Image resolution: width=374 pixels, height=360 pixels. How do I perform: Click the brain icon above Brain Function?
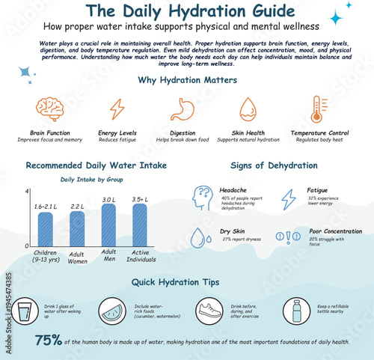pos(49,109)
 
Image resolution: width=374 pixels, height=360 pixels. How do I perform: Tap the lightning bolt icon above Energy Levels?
pos(117,109)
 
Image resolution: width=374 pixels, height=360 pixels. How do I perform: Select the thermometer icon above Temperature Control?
pos(319,109)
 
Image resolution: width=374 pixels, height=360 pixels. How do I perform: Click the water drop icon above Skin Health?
pos(248,109)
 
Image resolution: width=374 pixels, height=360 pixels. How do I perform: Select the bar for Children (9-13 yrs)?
pos(46,229)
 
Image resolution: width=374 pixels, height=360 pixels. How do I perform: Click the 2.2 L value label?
pos(78,207)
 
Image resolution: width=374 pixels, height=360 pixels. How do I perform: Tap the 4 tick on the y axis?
pos(28,192)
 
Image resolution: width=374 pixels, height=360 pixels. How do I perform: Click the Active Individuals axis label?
pos(140,257)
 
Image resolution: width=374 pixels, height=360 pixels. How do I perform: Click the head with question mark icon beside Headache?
pos(202,198)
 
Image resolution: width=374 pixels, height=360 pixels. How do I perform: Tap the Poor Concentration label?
pos(337,232)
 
